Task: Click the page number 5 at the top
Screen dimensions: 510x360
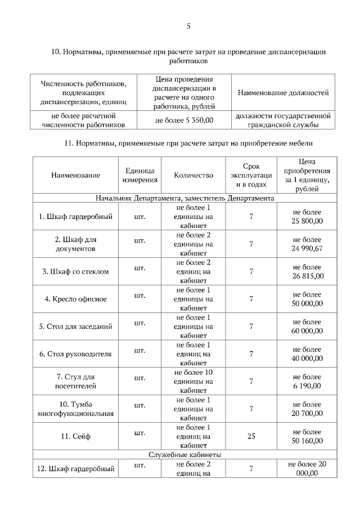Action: coord(188,25)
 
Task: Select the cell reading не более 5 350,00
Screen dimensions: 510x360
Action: coord(184,120)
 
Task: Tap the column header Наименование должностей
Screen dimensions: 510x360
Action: coord(283,92)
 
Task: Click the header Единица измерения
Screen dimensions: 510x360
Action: coord(140,175)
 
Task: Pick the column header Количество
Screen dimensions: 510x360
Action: coord(193,175)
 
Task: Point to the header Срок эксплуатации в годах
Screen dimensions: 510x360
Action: coord(251,175)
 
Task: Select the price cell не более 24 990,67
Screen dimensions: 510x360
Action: coord(307,244)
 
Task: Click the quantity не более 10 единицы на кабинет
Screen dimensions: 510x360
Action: coord(193,381)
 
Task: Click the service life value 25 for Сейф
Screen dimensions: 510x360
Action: coord(251,436)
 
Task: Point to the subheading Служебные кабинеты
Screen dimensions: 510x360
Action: coord(184,454)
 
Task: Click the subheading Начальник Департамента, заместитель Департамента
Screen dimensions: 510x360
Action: coord(184,198)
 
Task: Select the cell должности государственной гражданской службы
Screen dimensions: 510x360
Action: coord(283,120)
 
